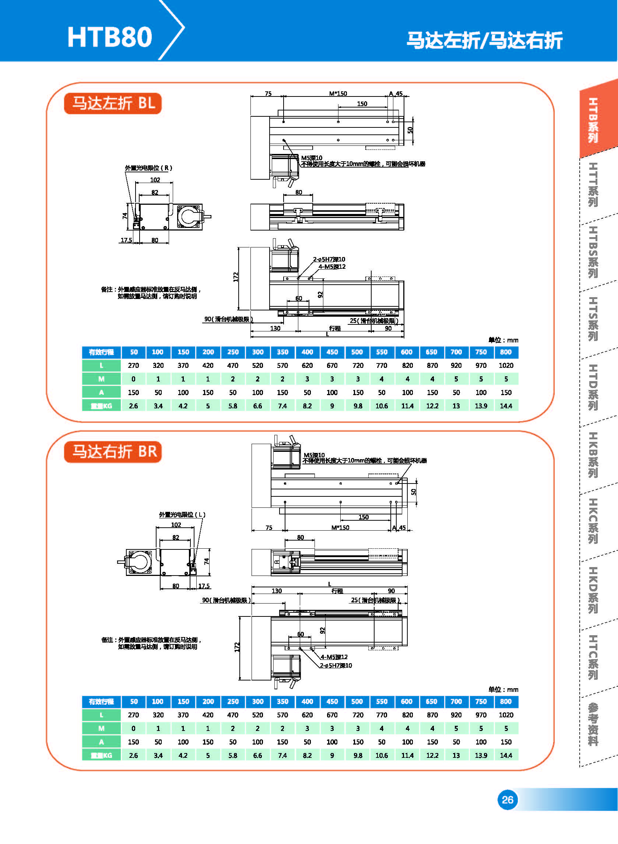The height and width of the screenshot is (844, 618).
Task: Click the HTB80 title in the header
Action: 110,37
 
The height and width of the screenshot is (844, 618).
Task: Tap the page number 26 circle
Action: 507,799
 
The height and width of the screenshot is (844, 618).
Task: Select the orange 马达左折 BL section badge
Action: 113,103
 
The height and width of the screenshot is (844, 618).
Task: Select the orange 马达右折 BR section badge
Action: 113,452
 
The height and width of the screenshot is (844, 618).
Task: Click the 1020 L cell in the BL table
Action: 506,365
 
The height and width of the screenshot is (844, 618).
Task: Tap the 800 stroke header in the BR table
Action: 506,701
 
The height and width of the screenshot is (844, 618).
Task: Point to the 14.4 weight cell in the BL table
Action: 506,406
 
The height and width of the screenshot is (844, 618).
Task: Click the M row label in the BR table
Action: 101,728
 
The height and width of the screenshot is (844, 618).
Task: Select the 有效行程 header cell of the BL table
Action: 101,352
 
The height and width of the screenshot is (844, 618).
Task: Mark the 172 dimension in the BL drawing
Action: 236,277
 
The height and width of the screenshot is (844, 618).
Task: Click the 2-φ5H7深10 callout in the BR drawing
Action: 336,665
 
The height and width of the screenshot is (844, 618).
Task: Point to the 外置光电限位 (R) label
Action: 148,168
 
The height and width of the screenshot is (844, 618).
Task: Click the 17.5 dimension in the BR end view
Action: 204,586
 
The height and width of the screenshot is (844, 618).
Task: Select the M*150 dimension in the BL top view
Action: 338,94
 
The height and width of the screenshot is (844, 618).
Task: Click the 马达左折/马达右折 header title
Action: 484,40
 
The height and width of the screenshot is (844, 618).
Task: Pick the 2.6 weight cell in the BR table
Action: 134,755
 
